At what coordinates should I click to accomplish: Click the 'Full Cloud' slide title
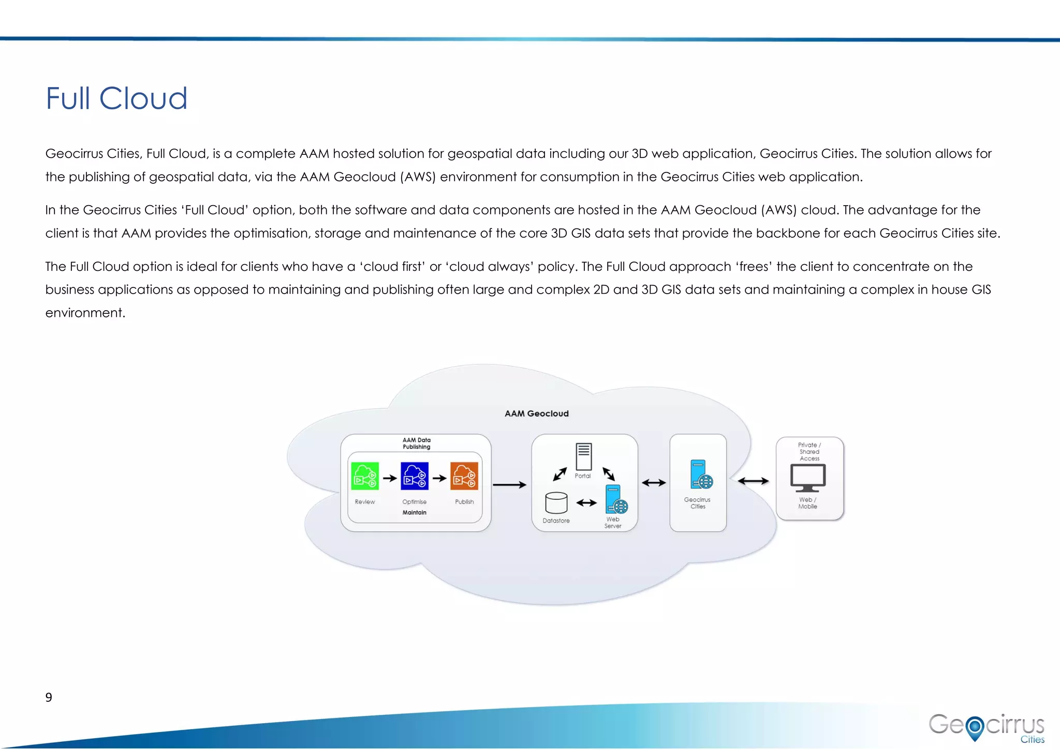[x=116, y=98]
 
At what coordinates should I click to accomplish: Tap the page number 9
[x=49, y=697]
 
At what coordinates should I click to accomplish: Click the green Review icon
[x=365, y=476]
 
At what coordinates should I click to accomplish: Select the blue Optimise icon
[x=415, y=476]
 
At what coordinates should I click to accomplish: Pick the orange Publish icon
[x=464, y=476]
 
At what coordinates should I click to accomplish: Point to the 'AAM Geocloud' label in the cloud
[x=536, y=413]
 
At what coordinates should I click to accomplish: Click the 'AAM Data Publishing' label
[x=416, y=443]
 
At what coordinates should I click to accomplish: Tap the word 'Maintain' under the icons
[x=414, y=512]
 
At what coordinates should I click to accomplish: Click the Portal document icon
[x=583, y=456]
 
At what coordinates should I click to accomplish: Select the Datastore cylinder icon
[x=556, y=502]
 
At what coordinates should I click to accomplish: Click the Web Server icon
[x=616, y=499]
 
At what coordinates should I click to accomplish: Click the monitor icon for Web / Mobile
[x=807, y=478]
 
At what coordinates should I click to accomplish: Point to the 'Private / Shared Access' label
[x=809, y=452]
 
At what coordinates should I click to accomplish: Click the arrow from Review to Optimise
[x=390, y=478]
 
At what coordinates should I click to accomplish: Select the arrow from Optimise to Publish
[x=439, y=478]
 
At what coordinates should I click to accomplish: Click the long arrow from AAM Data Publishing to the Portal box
[x=510, y=485]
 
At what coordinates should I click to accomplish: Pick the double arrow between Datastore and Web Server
[x=586, y=502]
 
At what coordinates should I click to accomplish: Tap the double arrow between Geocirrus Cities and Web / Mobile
[x=753, y=481]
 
